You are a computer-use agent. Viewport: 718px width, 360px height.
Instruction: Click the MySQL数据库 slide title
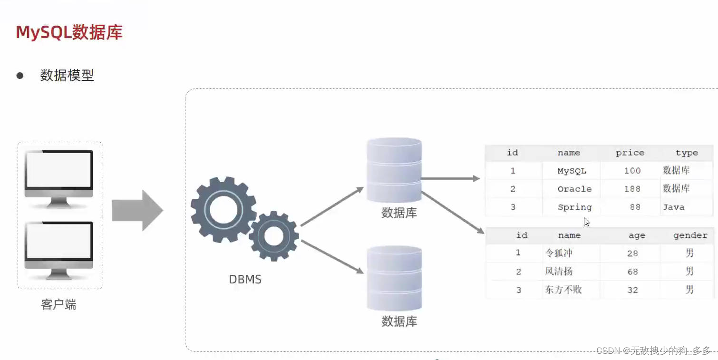click(69, 32)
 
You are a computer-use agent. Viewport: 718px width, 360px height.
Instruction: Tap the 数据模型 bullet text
click(67, 75)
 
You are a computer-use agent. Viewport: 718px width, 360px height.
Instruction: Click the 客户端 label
click(58, 305)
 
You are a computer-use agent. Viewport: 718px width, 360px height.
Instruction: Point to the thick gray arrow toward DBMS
click(137, 211)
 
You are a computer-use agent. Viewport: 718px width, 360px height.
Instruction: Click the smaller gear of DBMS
click(273, 236)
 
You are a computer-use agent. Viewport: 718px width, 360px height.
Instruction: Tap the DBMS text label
click(245, 280)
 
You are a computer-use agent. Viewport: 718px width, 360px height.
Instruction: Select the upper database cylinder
click(394, 170)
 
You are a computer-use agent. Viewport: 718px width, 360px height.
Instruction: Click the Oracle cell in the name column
click(574, 189)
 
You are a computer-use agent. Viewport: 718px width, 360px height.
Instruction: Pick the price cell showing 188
click(632, 189)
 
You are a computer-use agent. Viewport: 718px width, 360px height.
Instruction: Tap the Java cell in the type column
click(674, 207)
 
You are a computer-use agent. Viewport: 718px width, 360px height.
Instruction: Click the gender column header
click(690, 235)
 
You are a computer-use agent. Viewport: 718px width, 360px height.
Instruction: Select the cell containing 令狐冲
click(559, 253)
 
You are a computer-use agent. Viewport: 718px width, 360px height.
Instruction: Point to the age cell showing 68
click(632, 272)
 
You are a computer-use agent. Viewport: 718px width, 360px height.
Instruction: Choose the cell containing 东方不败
click(563, 290)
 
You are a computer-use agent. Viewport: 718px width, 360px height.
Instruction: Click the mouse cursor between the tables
click(586, 222)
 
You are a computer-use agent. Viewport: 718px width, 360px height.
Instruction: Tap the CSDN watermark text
click(653, 350)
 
